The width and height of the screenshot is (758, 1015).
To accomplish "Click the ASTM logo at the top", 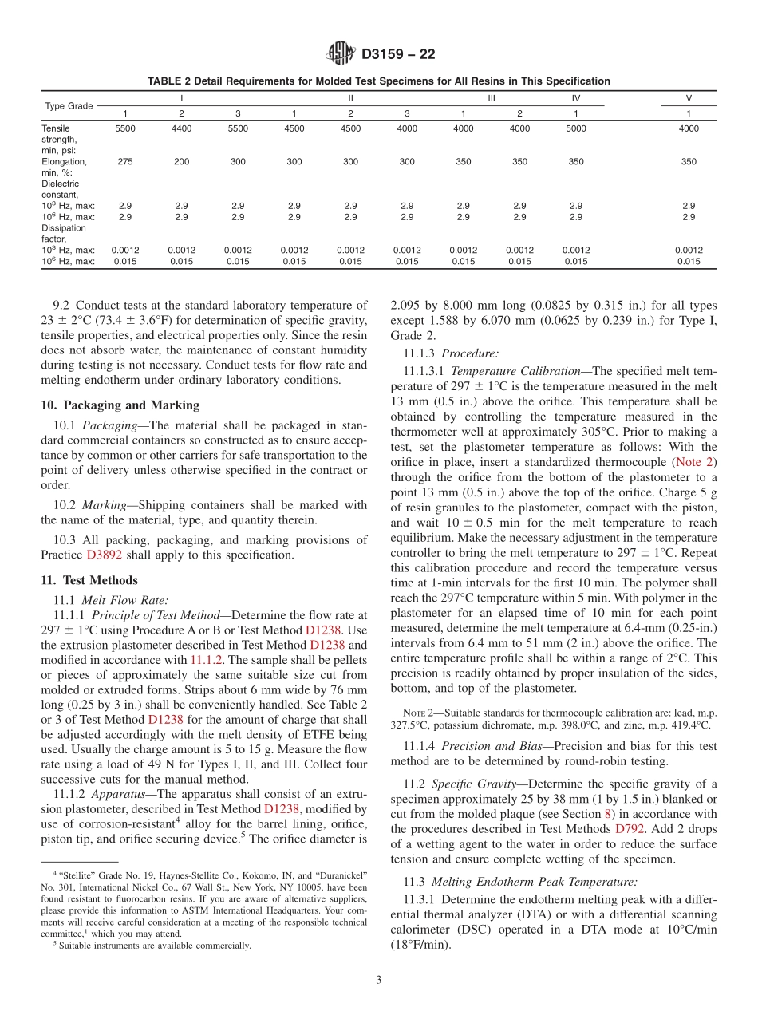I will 341,54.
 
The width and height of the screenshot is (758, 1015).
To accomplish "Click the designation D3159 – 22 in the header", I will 397,55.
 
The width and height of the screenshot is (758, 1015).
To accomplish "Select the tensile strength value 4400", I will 181,128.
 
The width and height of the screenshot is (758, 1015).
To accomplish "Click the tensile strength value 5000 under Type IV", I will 575,128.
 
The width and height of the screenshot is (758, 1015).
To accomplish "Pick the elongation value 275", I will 124,161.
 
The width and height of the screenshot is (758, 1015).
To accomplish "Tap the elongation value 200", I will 181,161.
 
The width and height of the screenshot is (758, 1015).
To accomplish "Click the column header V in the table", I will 688,98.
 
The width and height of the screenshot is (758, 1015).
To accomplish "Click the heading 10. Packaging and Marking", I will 120,405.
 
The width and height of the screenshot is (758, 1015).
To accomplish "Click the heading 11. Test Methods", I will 89,580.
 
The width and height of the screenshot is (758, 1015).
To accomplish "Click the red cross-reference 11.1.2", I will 207,660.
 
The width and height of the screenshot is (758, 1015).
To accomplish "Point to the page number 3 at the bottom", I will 379,980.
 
